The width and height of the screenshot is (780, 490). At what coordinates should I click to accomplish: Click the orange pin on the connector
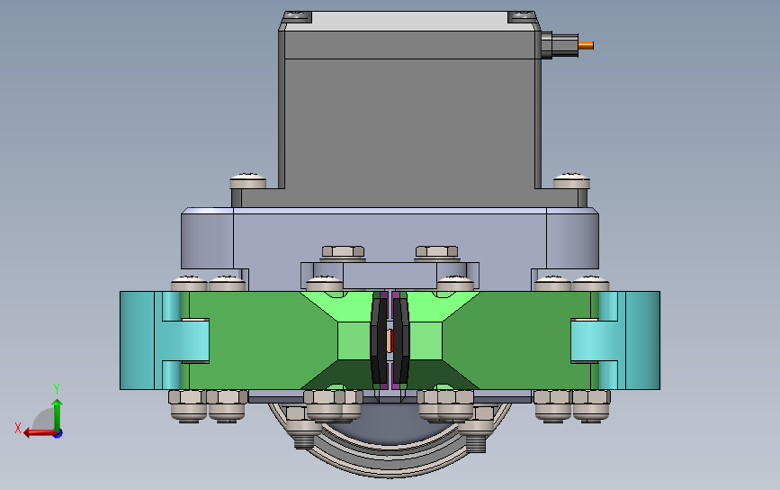[x=586, y=45]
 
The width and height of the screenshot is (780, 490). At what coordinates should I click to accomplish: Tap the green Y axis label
[x=57, y=388]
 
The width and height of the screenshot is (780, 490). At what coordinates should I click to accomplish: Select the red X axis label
[x=18, y=428]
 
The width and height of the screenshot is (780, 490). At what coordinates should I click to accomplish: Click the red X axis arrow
[x=40, y=432]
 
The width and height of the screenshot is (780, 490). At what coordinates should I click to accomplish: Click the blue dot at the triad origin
[x=58, y=434]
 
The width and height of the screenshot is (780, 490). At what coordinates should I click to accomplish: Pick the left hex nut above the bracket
[x=344, y=251]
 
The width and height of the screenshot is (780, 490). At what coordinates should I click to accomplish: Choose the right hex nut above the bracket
[x=436, y=251]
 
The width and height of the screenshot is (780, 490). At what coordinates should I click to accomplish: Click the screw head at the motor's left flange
[x=247, y=180]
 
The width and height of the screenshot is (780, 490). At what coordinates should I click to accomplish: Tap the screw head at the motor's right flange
[x=571, y=180]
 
